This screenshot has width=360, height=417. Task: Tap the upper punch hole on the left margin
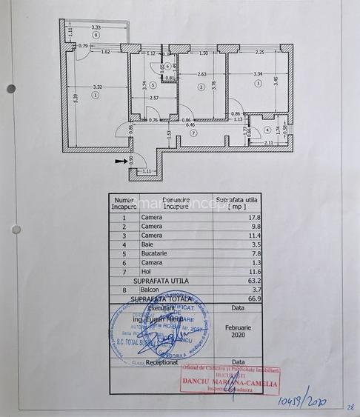tap(11, 89)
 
